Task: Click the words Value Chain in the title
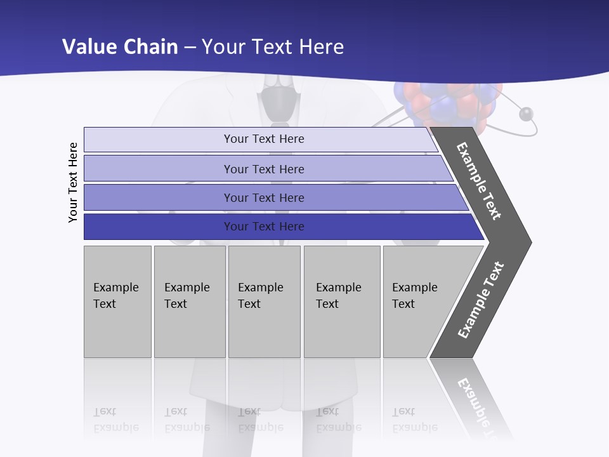120,47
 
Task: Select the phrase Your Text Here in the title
273,47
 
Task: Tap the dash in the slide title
190,48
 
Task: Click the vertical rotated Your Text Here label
74,182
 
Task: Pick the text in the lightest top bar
264,139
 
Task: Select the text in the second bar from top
264,169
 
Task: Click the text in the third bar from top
264,198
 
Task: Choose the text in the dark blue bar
264,227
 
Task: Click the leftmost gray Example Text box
117,301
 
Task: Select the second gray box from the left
189,301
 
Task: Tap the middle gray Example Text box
264,301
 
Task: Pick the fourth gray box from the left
341,301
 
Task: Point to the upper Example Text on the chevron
479,181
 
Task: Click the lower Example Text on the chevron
480,300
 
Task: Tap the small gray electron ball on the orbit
526,114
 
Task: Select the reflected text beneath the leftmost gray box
115,420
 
